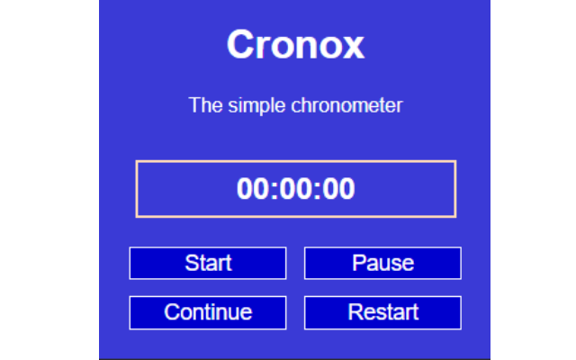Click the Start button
point(208,263)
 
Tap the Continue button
point(208,312)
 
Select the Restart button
point(382,312)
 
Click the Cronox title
point(295,45)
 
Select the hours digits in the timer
point(251,190)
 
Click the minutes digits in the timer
point(295,190)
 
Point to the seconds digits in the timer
point(339,190)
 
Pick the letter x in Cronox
point(354,46)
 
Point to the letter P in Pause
point(358,263)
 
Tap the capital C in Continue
point(171,312)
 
